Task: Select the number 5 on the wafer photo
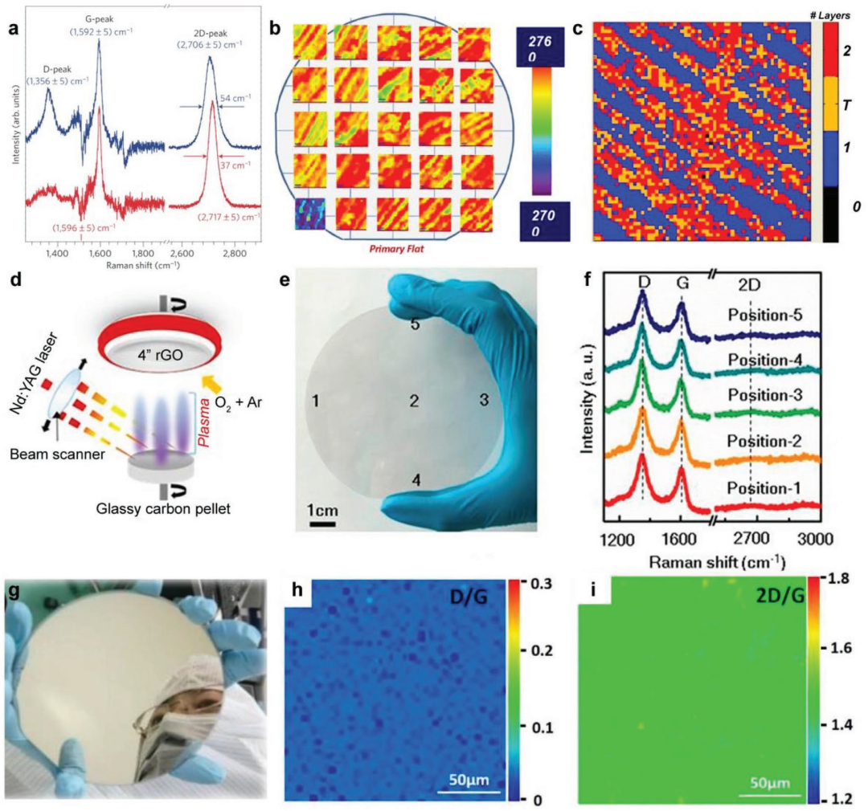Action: tap(415, 325)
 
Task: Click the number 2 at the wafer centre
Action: tap(414, 400)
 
